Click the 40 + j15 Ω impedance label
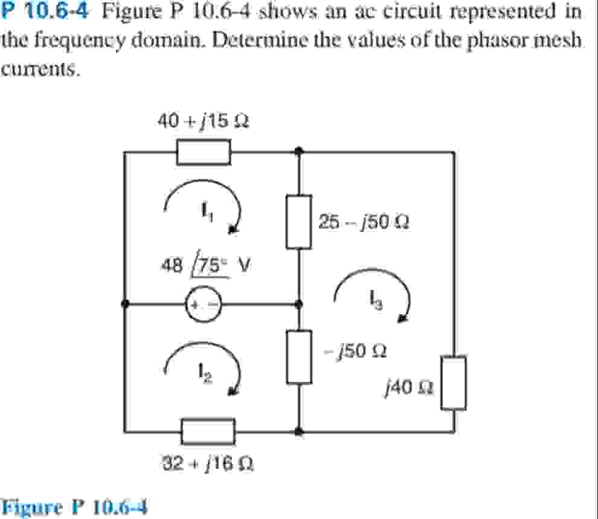[204, 121]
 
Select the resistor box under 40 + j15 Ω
[204, 152]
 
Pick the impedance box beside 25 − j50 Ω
[299, 221]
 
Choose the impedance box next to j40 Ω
[453, 382]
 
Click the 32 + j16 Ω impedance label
[207, 464]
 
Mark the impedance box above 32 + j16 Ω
[208, 430]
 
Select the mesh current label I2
[205, 376]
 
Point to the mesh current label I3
[372, 299]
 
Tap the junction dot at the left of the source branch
[124, 304]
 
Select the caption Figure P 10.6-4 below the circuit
[75, 506]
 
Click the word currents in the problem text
[40, 69]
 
